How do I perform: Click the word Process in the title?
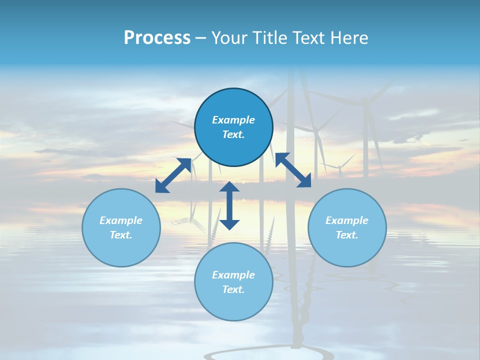(157, 38)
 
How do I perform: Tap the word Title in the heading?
(268, 38)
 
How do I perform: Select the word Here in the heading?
(348, 38)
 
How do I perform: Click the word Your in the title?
(229, 38)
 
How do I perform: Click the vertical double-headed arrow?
(229, 205)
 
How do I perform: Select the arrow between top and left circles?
(173, 175)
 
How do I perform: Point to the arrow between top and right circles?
(293, 170)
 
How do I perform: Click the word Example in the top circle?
(233, 120)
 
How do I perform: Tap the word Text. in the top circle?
(233, 134)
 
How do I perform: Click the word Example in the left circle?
(121, 220)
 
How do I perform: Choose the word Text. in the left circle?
(121, 235)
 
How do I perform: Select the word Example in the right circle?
(347, 220)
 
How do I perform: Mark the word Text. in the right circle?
(347, 235)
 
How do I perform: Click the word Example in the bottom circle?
(233, 275)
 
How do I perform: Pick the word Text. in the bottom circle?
(233, 289)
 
